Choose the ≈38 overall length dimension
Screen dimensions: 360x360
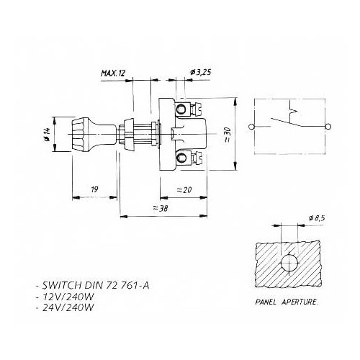point(165,207)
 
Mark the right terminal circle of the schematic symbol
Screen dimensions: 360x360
point(329,127)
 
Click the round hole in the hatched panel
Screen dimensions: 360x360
point(289,264)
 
